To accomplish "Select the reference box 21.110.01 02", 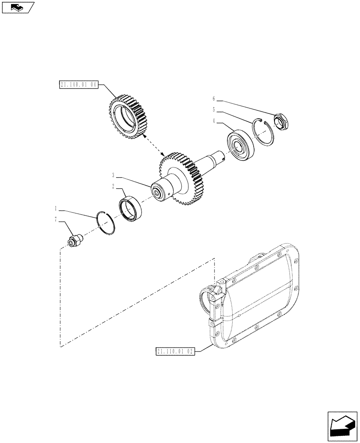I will click(176, 351).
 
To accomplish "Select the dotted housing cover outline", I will click(255, 301).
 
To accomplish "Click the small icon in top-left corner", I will click(18, 7).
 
